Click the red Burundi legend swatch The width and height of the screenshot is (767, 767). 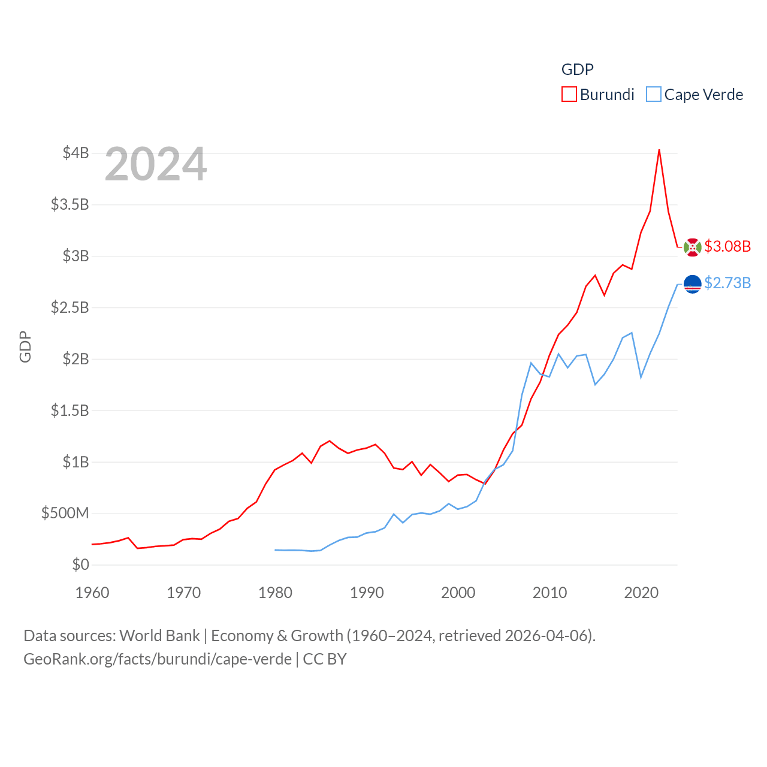coord(569,95)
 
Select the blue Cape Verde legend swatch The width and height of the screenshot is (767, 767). coord(654,95)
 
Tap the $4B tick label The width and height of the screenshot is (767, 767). coord(76,153)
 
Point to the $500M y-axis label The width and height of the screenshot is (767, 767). coord(65,513)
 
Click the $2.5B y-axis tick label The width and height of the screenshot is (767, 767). coord(70,307)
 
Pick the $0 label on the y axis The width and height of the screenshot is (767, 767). coord(80,564)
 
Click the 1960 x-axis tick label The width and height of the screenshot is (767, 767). coord(92,593)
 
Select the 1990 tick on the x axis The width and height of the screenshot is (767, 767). coord(367,593)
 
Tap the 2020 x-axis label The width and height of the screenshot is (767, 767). coord(641,593)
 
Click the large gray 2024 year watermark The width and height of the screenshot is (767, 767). coord(156,164)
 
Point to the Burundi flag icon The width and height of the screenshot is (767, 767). coord(692,247)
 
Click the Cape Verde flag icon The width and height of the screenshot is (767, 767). coord(692,284)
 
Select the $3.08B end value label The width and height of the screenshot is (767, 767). coord(727,246)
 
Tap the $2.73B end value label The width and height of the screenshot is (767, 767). coord(727,283)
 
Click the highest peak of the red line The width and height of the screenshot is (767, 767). coord(659,150)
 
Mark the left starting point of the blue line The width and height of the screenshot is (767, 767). coord(275,549)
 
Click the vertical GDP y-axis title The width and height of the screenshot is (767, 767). coord(25,346)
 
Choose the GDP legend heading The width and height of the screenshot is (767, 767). coord(577,70)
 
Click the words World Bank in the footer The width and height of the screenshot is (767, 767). coord(159,636)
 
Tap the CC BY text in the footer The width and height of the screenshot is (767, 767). coord(325,659)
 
